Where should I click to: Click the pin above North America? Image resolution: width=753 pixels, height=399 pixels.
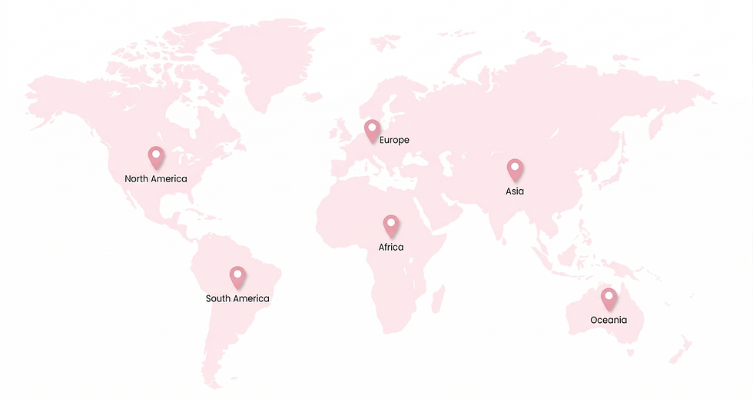pos(156,156)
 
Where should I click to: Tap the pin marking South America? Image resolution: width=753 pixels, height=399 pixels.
pos(237,276)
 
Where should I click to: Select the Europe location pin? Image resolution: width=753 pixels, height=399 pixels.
pos(372,130)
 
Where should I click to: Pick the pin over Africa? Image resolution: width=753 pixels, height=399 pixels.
pos(391,224)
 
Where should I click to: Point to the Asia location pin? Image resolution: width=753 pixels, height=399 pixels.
pos(515,168)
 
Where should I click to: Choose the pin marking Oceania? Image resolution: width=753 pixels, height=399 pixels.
pos(609,298)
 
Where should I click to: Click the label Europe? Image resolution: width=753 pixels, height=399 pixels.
pos(394,140)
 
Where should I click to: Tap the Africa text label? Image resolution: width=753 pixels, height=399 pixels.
pos(390,247)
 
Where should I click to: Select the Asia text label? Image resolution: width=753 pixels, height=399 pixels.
pos(515,191)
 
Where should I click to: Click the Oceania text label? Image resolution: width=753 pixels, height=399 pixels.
pos(609,319)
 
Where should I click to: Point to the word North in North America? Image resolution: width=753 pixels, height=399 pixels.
pos(138,178)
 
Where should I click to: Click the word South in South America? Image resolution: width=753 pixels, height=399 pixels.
pos(219,298)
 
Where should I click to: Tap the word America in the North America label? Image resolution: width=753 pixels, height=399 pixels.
pos(170,178)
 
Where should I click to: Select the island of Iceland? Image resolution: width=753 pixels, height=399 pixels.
pos(312,97)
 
